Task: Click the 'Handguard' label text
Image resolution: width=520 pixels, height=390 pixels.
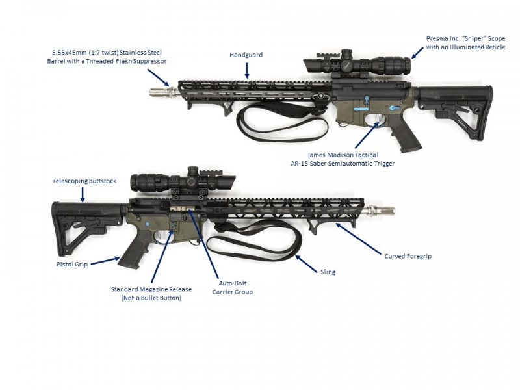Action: [x=246, y=55]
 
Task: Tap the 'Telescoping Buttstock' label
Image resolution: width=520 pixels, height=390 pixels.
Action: [x=84, y=181]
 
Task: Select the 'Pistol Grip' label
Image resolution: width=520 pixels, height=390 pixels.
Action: [x=71, y=265]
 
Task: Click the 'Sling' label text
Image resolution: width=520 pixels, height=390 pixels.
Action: [x=328, y=272]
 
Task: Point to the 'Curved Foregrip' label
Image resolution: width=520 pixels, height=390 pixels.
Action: [x=408, y=256]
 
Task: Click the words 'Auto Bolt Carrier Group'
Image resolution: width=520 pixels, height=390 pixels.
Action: [x=233, y=288]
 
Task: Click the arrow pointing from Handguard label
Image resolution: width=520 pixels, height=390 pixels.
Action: [x=246, y=69]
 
